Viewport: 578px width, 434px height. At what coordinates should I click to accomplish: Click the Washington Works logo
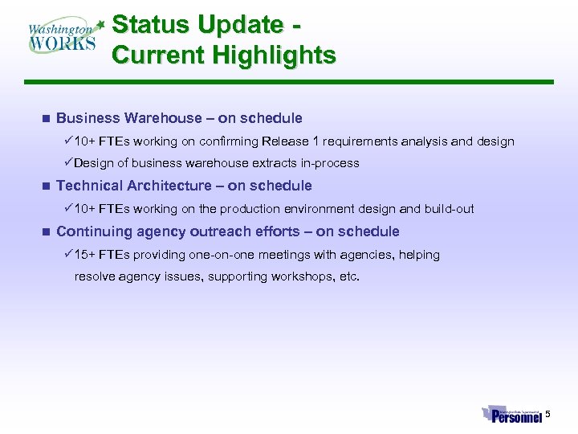63,36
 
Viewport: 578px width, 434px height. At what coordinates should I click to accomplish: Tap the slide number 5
548,414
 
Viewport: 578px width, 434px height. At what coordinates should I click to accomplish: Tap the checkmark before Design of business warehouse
68,163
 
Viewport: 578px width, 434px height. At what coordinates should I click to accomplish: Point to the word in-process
330,163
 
